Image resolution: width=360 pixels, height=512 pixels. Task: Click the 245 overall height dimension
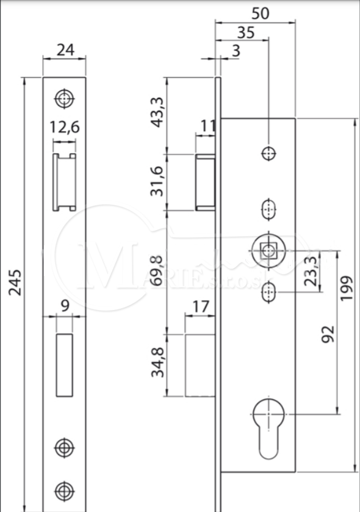[15, 283]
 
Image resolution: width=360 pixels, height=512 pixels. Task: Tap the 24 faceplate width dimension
[65, 50]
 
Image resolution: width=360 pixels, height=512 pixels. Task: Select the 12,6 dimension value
[64, 127]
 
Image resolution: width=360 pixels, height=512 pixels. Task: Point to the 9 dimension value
[65, 306]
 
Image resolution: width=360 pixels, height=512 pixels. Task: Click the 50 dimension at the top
[261, 13]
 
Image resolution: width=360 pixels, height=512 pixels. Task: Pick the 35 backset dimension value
[245, 33]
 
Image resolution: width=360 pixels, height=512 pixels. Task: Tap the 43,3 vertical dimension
[158, 112]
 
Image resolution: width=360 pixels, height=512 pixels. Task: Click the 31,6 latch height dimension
[157, 181]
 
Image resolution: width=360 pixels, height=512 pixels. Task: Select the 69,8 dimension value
[157, 271]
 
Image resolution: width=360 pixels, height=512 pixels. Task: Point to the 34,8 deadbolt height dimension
[157, 362]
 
